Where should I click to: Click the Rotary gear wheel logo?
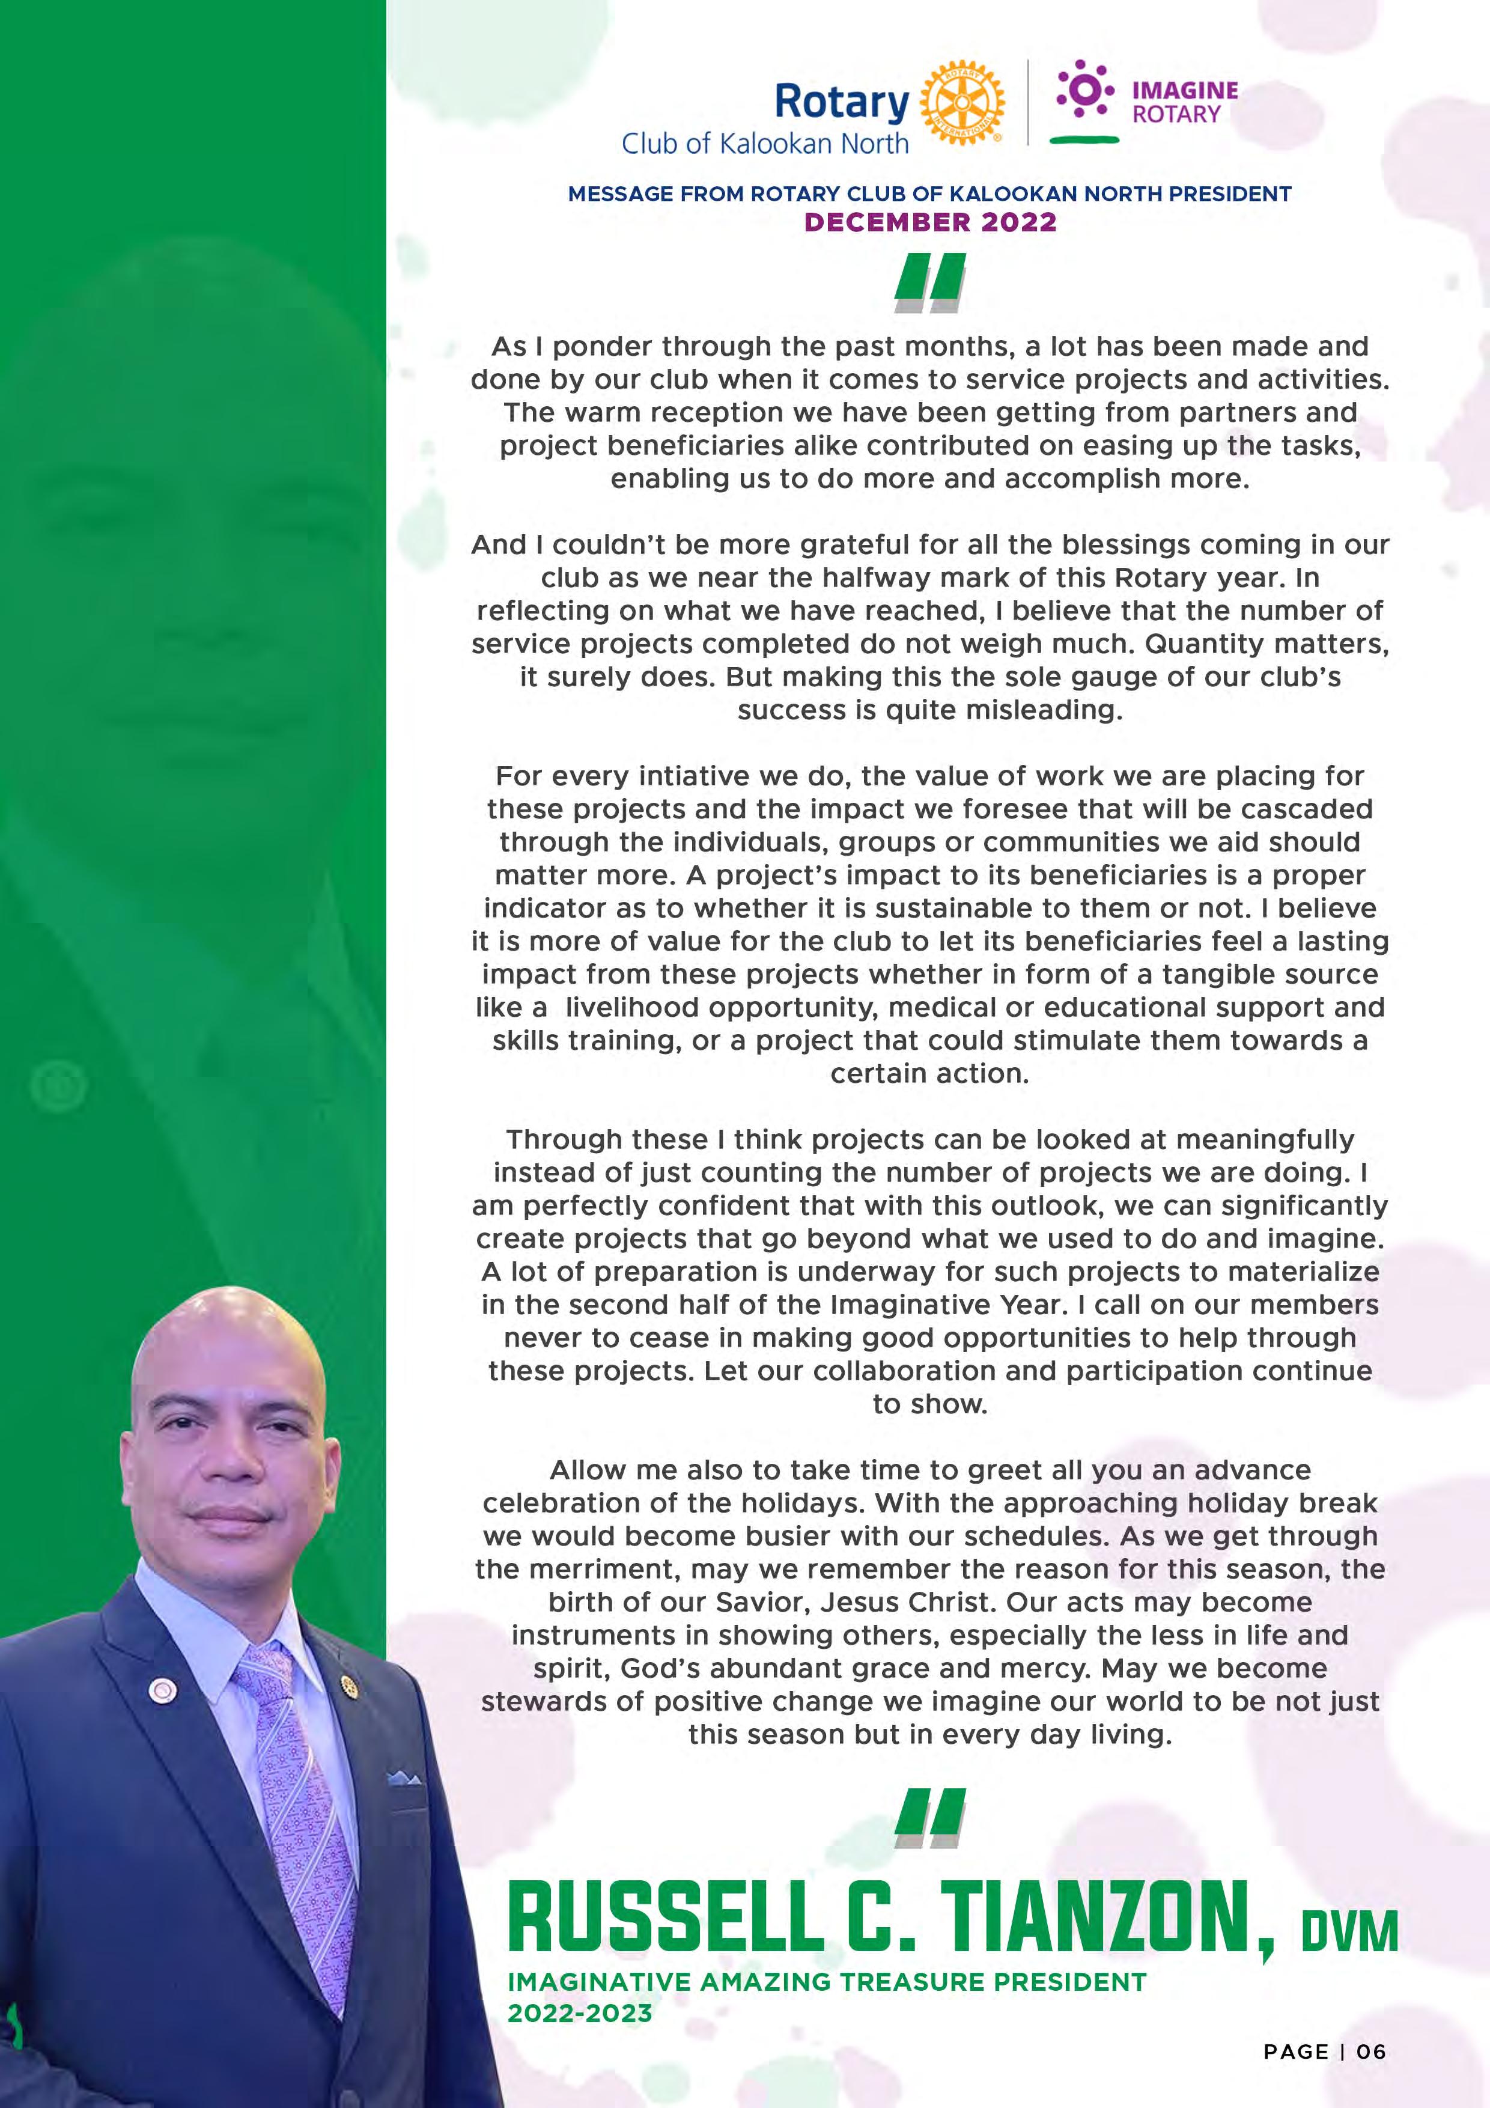[x=961, y=105]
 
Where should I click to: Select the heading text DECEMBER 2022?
[x=930, y=222]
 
